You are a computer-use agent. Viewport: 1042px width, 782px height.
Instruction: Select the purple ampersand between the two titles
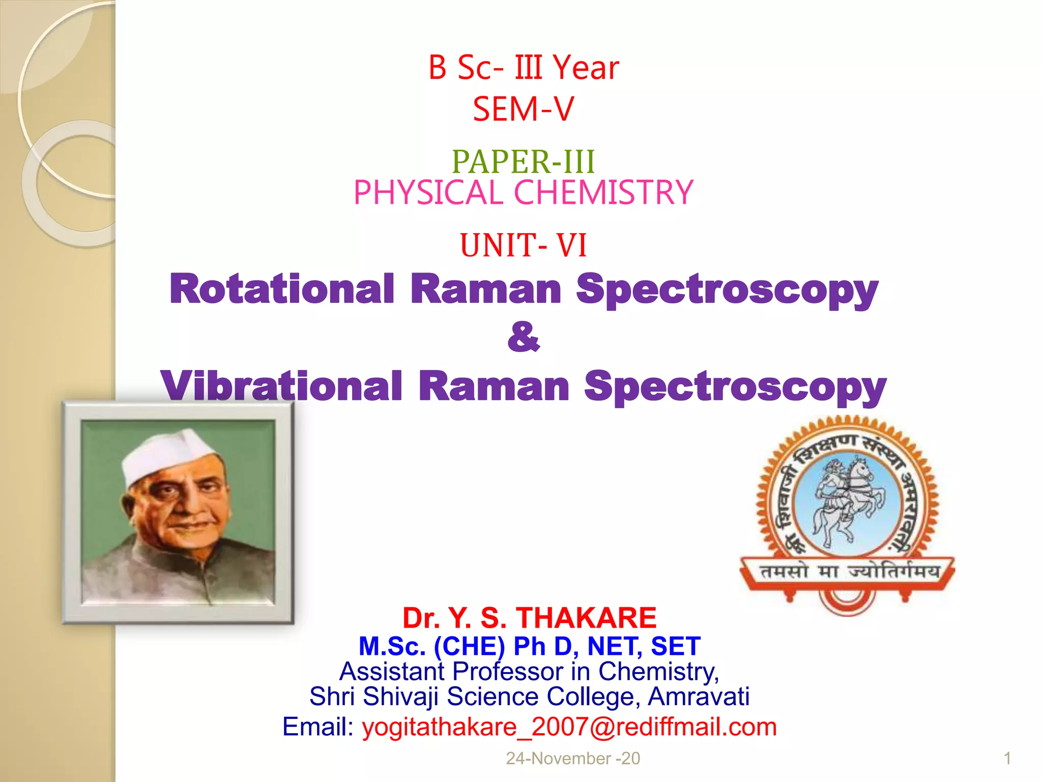coord(524,337)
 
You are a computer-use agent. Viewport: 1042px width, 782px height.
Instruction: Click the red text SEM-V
coord(524,109)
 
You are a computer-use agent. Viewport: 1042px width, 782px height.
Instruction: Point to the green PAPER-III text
coord(524,162)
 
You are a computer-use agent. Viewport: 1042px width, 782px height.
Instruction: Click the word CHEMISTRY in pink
coord(603,193)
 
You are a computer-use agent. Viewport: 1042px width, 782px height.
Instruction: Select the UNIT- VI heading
coord(524,245)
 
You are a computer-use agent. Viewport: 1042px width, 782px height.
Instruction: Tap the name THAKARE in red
coord(587,618)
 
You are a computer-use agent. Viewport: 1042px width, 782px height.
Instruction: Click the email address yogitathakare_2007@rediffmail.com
coord(569,727)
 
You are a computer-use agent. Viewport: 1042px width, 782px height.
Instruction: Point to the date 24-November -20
coord(573,759)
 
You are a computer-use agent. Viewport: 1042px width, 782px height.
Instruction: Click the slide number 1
coord(1007,759)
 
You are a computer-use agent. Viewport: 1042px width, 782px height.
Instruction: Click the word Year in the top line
coord(586,68)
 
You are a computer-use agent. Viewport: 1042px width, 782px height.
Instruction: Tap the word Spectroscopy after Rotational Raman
coord(727,289)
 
